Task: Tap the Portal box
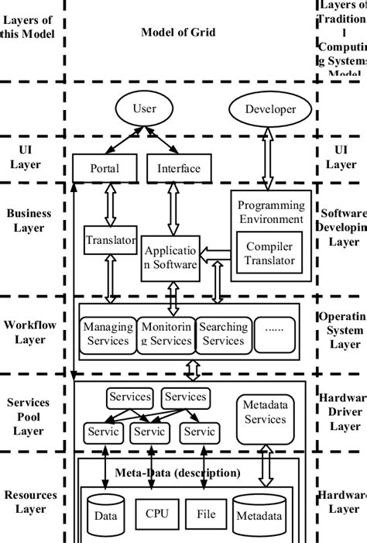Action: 105,168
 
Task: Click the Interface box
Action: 179,168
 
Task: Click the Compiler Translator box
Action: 269,253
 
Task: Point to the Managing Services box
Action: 107,334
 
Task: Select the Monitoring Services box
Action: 166,334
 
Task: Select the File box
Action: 206,513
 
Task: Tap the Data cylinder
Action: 105,514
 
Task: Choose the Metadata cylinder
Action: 258,514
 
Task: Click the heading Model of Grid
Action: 178,32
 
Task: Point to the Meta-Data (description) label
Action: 178,472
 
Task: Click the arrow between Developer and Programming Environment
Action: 267,159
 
